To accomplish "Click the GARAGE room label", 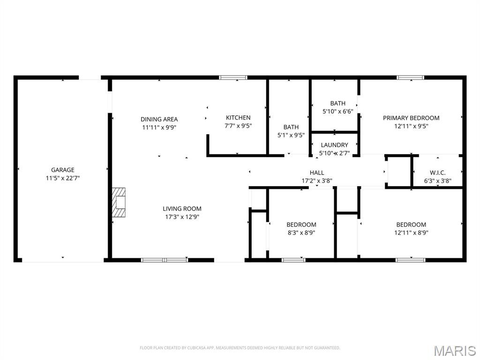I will (63, 170).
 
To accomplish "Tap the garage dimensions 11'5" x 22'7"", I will (63, 178).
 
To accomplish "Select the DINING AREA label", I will (159, 119).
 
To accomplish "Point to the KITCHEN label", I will (238, 118).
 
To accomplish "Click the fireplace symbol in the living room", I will (119, 202).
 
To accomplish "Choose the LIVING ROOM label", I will (182, 209).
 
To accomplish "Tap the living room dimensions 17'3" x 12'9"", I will (182, 217).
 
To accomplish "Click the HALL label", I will (317, 172).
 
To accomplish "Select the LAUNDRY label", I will (334, 145).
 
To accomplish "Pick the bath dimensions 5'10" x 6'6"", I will (337, 112).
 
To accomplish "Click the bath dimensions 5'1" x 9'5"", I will (291, 135).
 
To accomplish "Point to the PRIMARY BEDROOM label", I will (411, 118).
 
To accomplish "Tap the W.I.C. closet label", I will (437, 172).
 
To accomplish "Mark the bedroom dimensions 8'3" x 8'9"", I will (301, 232).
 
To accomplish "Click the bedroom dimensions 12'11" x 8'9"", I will (411, 232).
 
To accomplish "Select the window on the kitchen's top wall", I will (233, 77).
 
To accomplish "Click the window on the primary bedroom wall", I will (410, 77).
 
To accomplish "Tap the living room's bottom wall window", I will (165, 260).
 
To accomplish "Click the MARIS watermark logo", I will (455, 350).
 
